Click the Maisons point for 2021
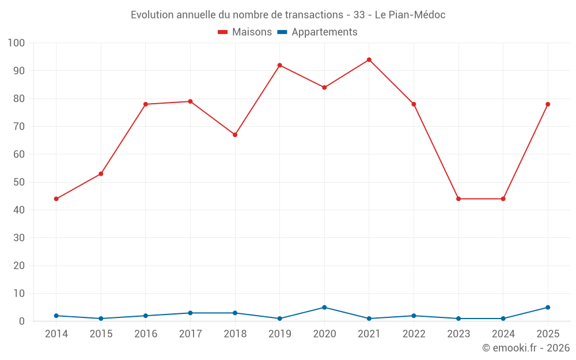[x=369, y=60]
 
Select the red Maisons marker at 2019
[x=279, y=66]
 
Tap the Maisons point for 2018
[x=235, y=135]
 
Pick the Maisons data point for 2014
[x=56, y=199]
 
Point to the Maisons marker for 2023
[x=458, y=199]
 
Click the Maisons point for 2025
[x=548, y=104]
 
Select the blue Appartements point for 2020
[x=324, y=308]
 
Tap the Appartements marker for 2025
[x=548, y=308]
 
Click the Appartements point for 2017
[x=190, y=313]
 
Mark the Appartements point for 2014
[x=56, y=316]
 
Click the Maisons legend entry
[x=245, y=32]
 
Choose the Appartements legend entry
[x=317, y=32]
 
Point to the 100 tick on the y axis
[x=16, y=43]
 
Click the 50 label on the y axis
[x=19, y=182]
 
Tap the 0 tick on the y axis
[x=22, y=321]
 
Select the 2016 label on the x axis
[x=146, y=334]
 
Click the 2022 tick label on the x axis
[x=414, y=334]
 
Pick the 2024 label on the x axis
[x=503, y=334]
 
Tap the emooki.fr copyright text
[x=526, y=347]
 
